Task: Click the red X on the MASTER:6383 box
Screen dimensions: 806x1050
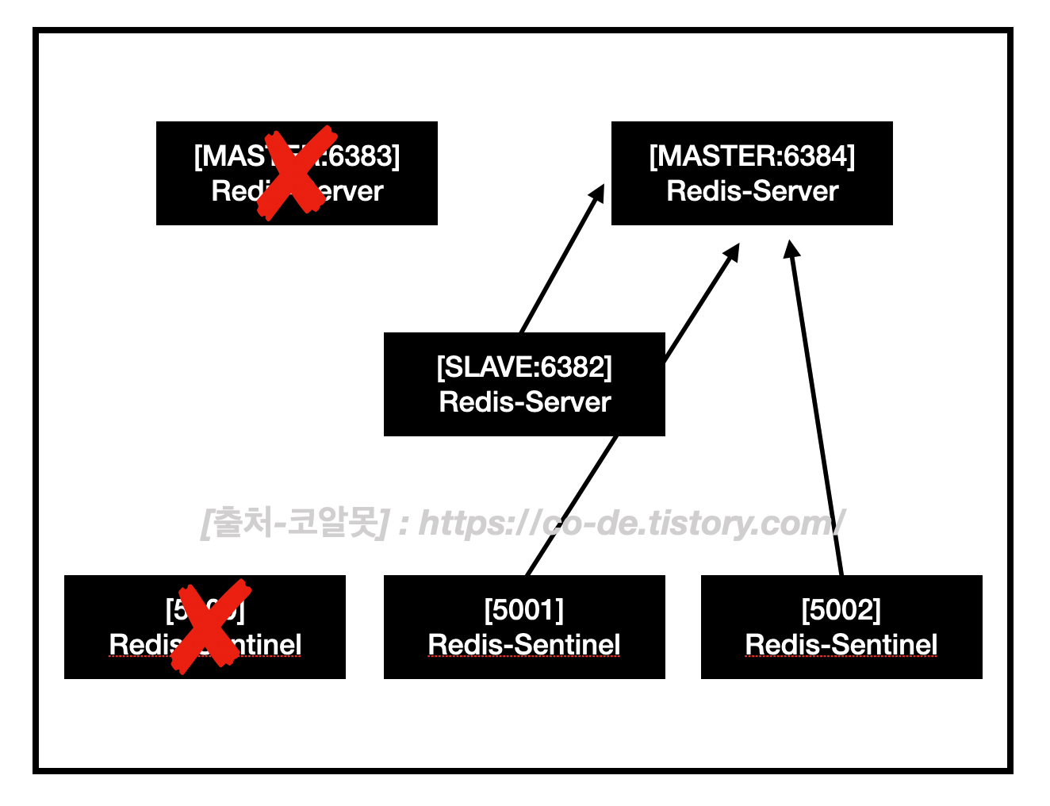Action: click(x=297, y=173)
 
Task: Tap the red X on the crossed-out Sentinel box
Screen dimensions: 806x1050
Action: click(x=210, y=626)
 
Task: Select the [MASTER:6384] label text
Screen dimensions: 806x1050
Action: click(x=752, y=156)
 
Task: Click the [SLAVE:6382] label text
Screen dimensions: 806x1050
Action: click(x=524, y=367)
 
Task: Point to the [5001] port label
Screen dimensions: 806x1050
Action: click(x=524, y=610)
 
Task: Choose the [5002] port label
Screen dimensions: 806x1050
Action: click(x=841, y=610)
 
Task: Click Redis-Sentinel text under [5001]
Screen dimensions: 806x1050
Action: click(x=524, y=645)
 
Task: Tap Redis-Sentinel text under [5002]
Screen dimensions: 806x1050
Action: click(x=841, y=645)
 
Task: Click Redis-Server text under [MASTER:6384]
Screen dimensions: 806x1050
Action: click(x=752, y=191)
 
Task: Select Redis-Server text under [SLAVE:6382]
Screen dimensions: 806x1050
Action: click(x=524, y=402)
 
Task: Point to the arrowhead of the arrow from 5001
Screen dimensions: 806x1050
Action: click(x=733, y=251)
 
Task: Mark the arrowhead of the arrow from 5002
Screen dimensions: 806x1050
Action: click(x=791, y=248)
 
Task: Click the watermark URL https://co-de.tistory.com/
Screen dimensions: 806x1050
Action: click(x=630, y=524)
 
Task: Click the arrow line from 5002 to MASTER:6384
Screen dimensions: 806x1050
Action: click(x=817, y=413)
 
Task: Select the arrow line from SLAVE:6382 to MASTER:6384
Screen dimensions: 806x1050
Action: click(x=559, y=263)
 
